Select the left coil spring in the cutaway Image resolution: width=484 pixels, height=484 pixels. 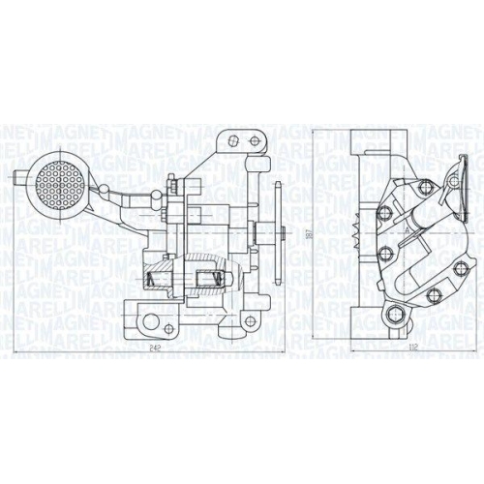tap(153, 283)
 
